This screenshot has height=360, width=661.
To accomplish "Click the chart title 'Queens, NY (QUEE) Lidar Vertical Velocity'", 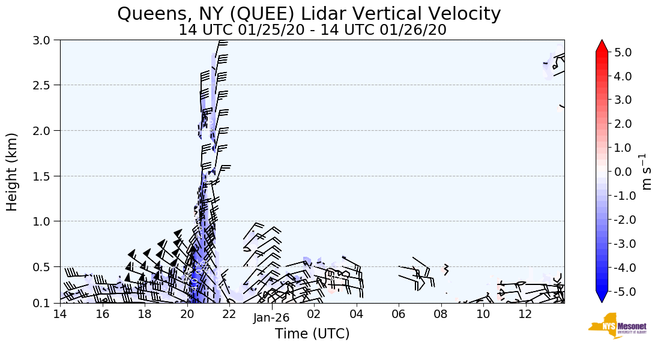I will click(309, 13).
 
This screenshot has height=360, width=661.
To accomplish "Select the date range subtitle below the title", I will click(312, 29).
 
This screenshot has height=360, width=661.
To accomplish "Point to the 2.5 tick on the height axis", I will click(47, 85).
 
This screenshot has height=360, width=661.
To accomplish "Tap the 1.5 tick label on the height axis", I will click(47, 176).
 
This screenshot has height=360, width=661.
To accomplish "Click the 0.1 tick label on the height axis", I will click(47, 303).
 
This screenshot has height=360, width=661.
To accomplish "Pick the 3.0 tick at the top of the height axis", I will click(47, 40).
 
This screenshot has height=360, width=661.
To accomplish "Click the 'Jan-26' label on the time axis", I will click(271, 318).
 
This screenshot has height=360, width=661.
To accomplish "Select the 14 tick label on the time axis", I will click(60, 313).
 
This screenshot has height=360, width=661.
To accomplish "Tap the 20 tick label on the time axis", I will click(187, 313).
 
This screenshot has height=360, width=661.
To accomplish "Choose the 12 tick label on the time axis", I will click(526, 313).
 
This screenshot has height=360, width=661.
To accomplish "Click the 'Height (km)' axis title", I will click(12, 172).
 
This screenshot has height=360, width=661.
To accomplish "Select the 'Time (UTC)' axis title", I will click(312, 334).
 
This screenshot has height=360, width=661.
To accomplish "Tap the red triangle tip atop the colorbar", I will click(602, 46).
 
